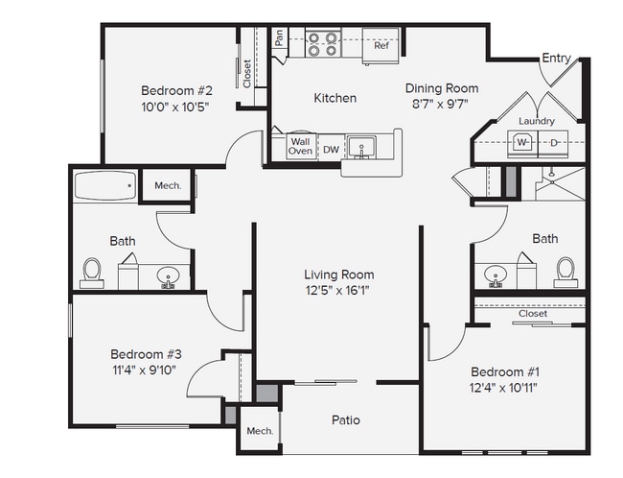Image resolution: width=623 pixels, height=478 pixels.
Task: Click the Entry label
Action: [556, 59]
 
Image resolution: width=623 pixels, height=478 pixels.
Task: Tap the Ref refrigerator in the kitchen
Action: [381, 45]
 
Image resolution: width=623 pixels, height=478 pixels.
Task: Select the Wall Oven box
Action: [300, 146]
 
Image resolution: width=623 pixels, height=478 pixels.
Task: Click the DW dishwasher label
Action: [330, 150]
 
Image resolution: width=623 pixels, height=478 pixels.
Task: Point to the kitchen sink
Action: [362, 147]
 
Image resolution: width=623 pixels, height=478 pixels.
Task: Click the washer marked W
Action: [522, 142]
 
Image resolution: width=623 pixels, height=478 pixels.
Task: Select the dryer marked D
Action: [554, 142]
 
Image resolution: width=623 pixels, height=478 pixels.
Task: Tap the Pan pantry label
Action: [279, 39]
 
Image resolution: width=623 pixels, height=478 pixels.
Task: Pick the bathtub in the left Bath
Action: [104, 186]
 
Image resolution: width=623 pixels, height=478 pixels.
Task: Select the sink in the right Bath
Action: [496, 275]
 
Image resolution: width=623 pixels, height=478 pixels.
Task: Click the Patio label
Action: [345, 419]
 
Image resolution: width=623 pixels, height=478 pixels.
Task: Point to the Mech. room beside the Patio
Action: [260, 431]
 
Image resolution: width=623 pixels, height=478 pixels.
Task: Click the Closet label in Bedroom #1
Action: [533, 314]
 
